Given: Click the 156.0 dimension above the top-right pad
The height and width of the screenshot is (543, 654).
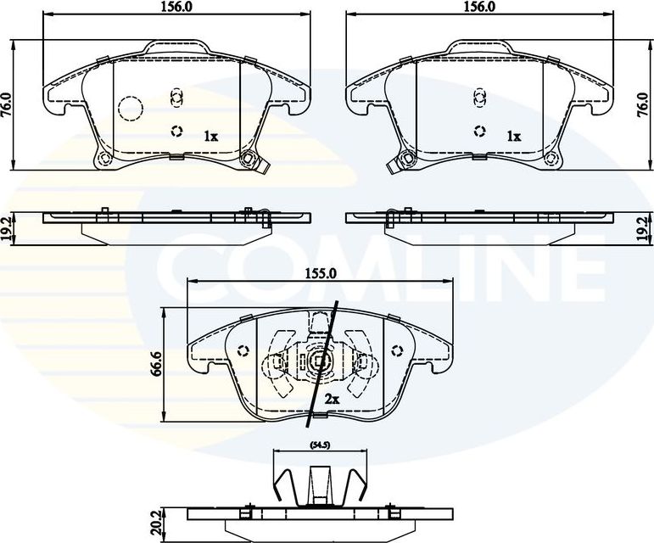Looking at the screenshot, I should click(x=480, y=7).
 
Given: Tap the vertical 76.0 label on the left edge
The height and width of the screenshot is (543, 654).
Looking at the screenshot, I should click(x=8, y=104).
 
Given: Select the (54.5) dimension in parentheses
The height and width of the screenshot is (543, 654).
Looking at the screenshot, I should click(x=318, y=445).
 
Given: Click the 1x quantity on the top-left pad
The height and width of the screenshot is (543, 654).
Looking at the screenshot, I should click(x=210, y=136).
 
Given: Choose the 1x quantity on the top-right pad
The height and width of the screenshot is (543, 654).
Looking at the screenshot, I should click(x=513, y=136).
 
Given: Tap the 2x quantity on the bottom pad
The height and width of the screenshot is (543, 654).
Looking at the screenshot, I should click(x=331, y=399).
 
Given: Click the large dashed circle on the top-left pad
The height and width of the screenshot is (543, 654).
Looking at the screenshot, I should click(x=130, y=108).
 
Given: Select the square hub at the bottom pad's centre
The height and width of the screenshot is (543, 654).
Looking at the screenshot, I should click(x=320, y=363).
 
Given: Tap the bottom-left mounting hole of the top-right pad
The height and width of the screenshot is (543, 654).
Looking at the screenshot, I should click(x=406, y=159).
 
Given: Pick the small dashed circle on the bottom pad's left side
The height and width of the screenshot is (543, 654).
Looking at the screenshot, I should click(x=244, y=350).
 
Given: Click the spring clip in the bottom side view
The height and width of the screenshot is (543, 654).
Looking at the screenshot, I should click(x=319, y=484).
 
